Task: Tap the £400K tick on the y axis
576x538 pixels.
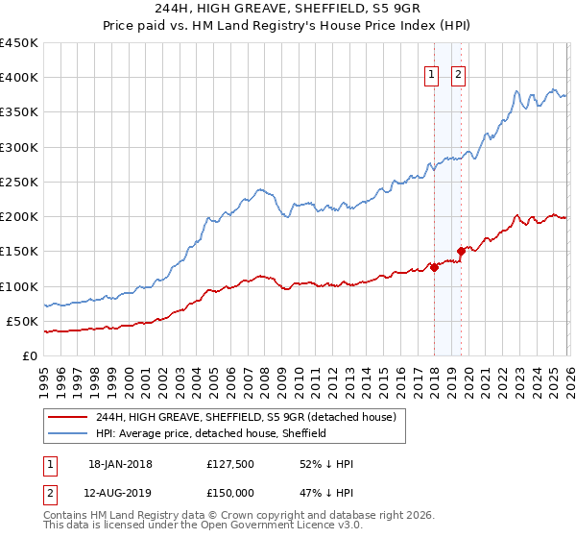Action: pyautogui.click(x=19, y=78)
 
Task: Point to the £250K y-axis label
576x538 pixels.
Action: pyautogui.click(x=19, y=182)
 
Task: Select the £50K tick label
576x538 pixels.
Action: pyautogui.click(x=23, y=321)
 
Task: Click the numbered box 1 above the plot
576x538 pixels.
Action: pyautogui.click(x=431, y=76)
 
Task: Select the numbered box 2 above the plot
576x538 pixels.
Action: pyautogui.click(x=458, y=76)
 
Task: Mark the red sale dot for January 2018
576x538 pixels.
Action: pyautogui.click(x=434, y=268)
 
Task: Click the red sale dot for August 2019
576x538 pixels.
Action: pyautogui.click(x=461, y=252)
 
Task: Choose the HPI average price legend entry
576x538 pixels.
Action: pyautogui.click(x=211, y=433)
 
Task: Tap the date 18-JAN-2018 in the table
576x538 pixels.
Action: pyautogui.click(x=119, y=464)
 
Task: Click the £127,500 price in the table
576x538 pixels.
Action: pyautogui.click(x=230, y=464)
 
